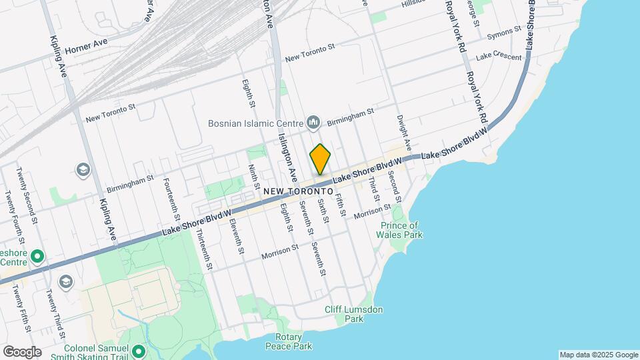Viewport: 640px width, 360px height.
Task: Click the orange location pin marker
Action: [x=320, y=159]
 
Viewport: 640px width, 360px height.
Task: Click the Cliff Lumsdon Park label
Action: [x=354, y=314]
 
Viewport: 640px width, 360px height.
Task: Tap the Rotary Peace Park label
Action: [x=288, y=341]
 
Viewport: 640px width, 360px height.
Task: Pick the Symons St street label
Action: [x=504, y=32]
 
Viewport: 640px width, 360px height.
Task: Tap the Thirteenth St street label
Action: [x=204, y=249]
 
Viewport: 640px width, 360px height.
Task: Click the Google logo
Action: [x=22, y=351]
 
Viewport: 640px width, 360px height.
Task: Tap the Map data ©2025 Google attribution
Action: [x=599, y=355]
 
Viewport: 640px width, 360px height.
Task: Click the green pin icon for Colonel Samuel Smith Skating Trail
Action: [x=139, y=350]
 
